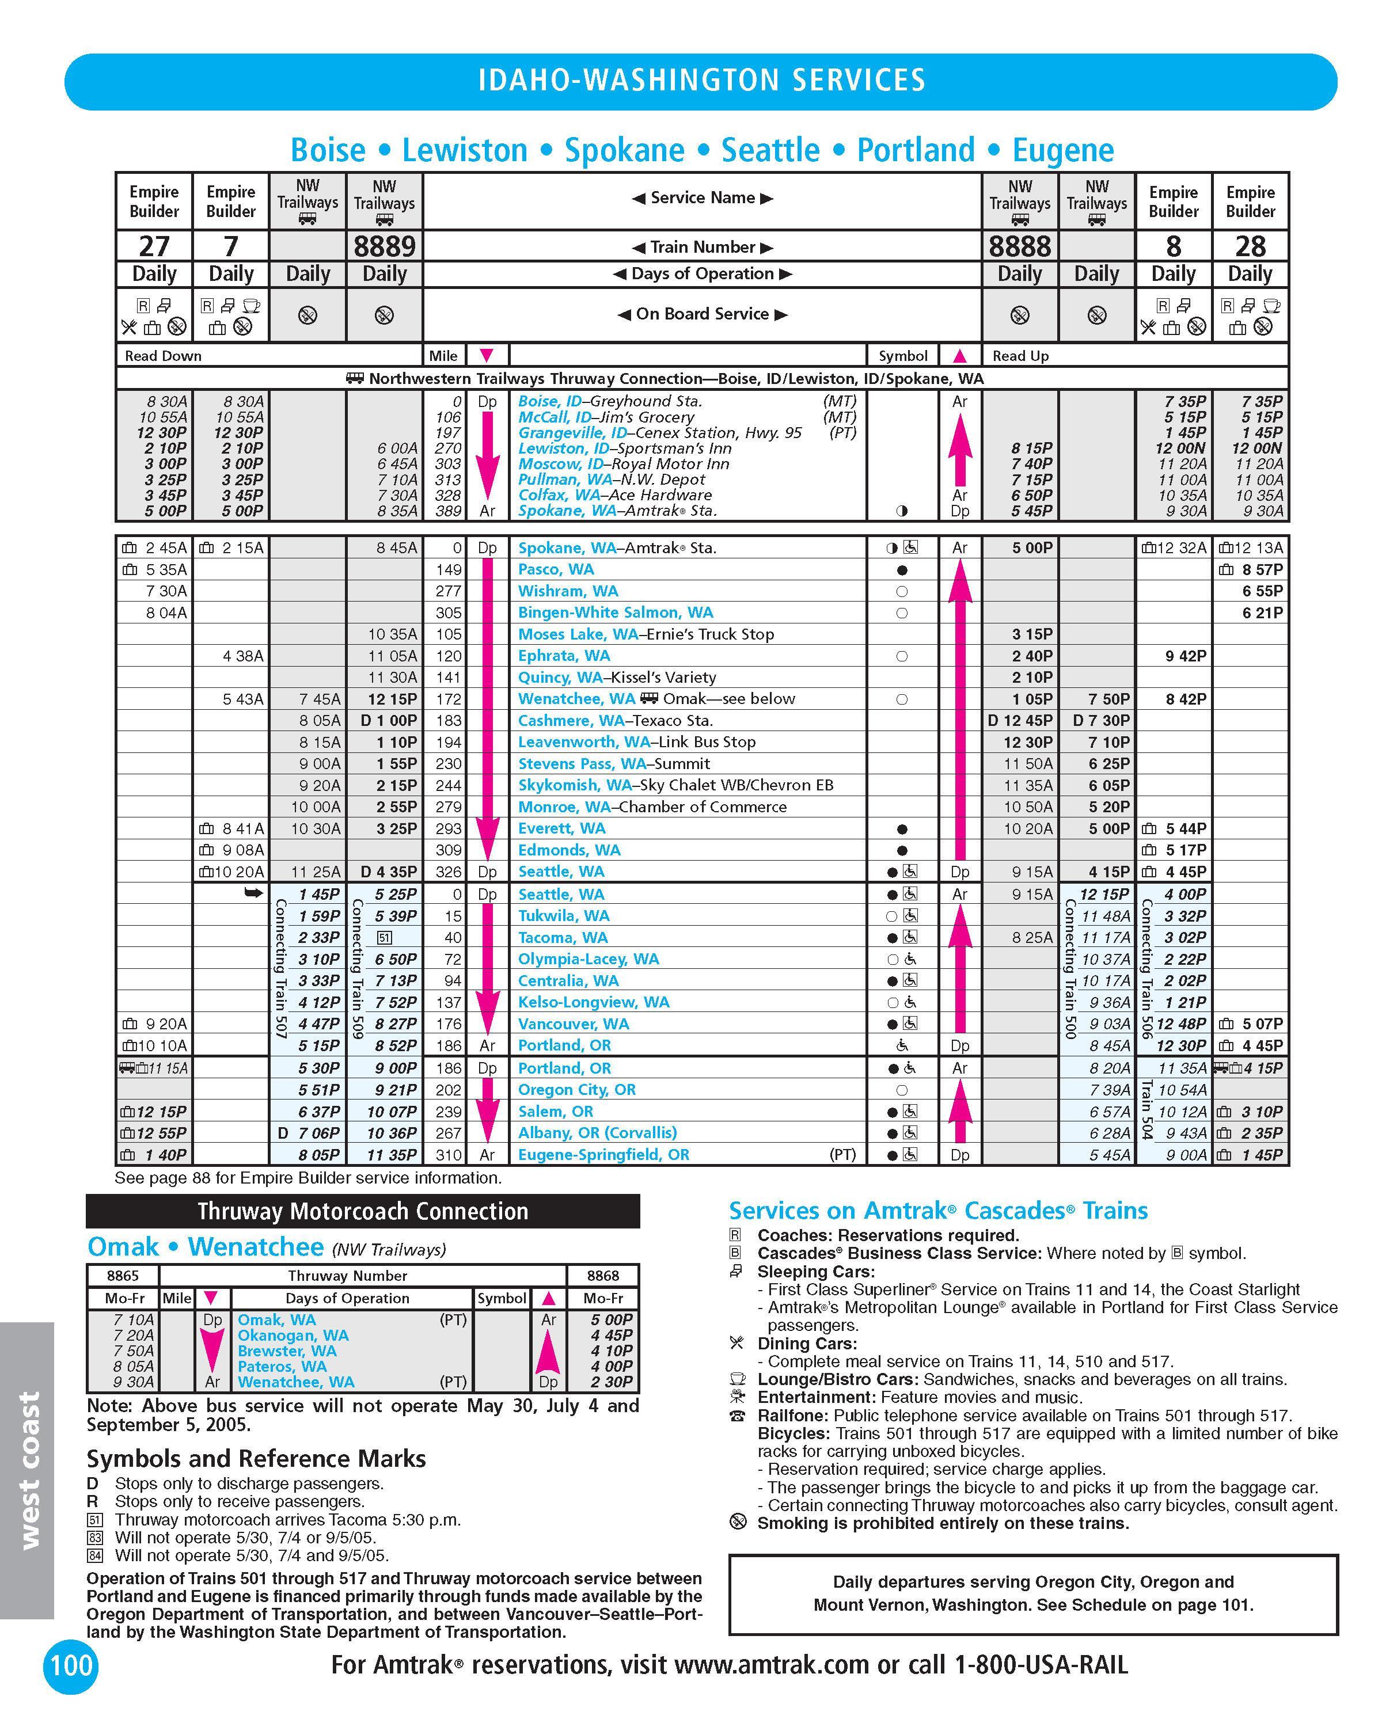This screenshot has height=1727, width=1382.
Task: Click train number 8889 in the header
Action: [x=385, y=246]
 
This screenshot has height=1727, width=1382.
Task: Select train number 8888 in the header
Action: [x=1019, y=246]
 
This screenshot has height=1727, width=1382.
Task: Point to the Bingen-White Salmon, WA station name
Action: [x=616, y=613]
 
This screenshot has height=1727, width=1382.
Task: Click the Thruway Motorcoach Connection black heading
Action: [x=363, y=1211]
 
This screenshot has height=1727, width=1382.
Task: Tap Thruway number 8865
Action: [x=123, y=1275]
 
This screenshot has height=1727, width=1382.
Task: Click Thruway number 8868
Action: [x=602, y=1275]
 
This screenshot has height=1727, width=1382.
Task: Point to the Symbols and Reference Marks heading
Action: [x=256, y=1459]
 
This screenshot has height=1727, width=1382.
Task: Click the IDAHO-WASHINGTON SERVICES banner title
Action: [x=701, y=80]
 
